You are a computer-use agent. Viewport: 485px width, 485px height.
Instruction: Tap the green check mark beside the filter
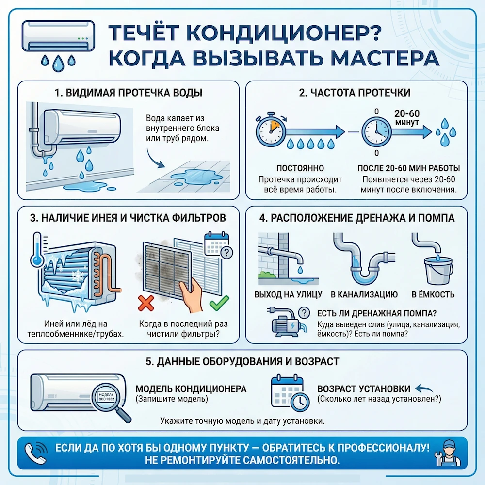pos(216,305)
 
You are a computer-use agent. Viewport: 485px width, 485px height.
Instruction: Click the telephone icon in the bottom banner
pos(35,452)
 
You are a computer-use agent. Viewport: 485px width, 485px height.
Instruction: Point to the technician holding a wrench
pos(450,452)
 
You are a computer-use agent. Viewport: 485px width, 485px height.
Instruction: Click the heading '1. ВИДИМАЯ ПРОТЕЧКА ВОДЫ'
pos(129,93)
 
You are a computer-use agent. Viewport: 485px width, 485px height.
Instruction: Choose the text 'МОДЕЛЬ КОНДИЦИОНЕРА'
pos(191,389)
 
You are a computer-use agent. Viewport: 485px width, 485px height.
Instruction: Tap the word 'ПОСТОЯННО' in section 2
pos(300,168)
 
